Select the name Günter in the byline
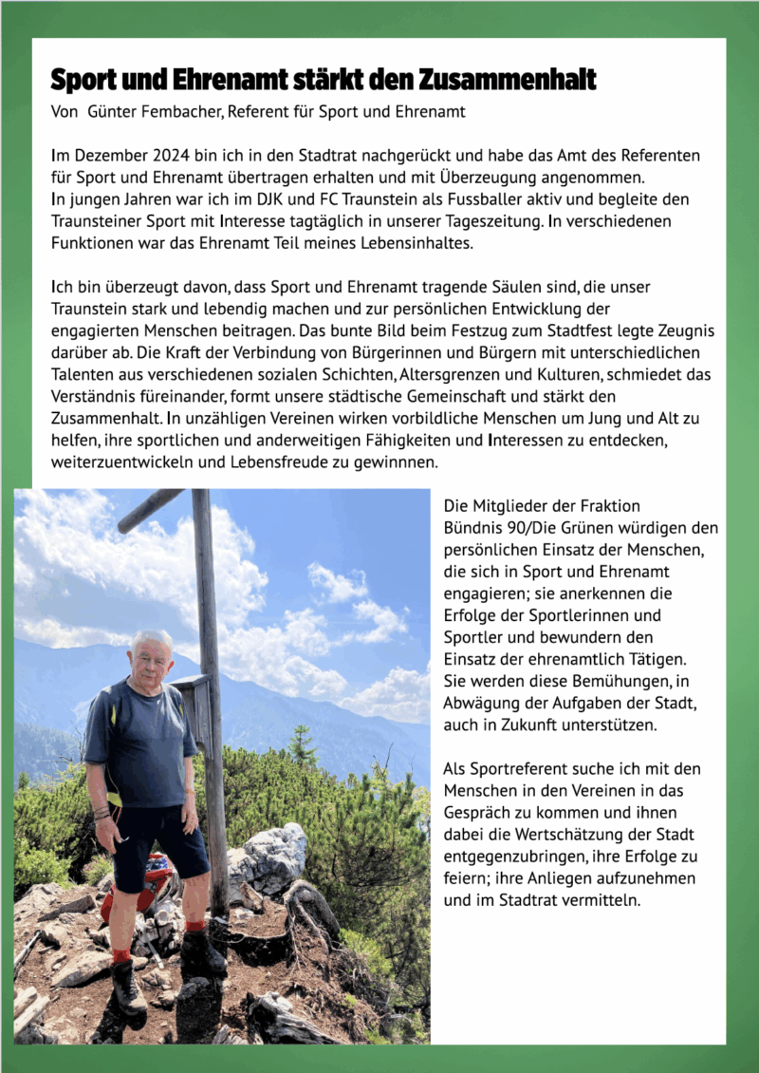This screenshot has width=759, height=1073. pos(111,112)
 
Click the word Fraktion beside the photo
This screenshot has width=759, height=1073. pos(605,506)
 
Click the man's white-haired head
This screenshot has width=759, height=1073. pos(152,651)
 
